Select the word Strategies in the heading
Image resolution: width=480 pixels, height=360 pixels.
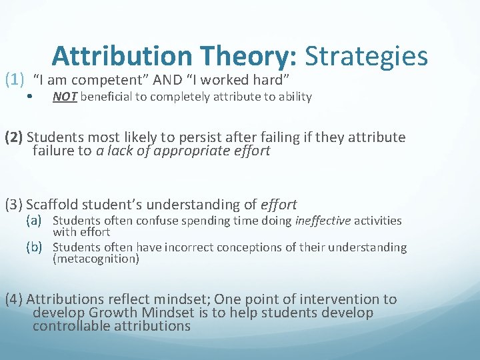pos(366,57)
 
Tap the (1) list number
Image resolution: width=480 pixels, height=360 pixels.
pos(15,80)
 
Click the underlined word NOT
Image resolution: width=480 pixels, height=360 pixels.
pos(65,97)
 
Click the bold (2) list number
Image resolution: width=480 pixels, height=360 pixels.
pos(14,137)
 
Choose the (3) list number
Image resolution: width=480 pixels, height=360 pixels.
pos(14,205)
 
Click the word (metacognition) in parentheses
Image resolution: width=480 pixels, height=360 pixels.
pos(96,259)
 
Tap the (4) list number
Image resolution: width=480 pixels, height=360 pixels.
pos(14,299)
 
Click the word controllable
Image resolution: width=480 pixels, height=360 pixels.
pos(71,326)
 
